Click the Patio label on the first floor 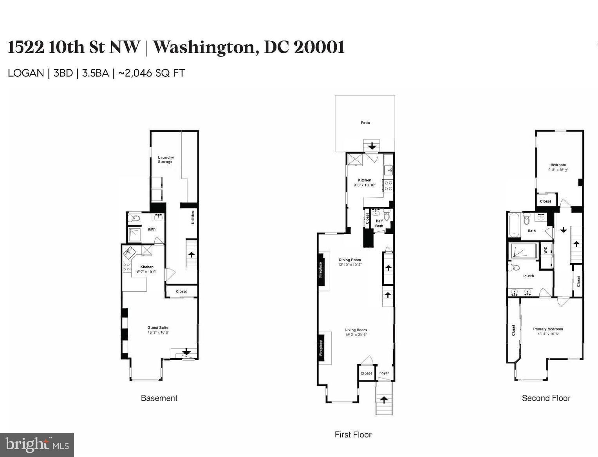365,123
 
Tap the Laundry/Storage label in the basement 165,160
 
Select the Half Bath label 379,223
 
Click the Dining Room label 350,260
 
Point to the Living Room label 356,330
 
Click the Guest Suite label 158,328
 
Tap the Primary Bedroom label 548,329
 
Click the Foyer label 384,373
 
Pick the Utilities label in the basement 192,218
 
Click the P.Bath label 529,276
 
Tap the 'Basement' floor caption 159,398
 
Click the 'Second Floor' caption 546,398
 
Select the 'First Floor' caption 353,435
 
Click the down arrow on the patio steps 372,146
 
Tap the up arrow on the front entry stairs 384,400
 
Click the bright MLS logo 37,445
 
